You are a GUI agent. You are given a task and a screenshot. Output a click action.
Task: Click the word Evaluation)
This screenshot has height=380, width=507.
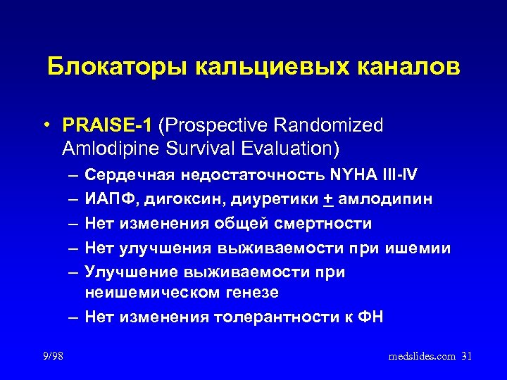tap(284, 149)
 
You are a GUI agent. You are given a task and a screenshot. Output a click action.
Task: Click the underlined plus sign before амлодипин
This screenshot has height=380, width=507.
tap(329, 199)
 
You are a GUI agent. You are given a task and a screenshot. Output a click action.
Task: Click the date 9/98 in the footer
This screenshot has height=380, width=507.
tap(52, 357)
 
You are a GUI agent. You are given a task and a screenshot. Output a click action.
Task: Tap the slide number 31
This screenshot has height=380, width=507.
tap(466, 357)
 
